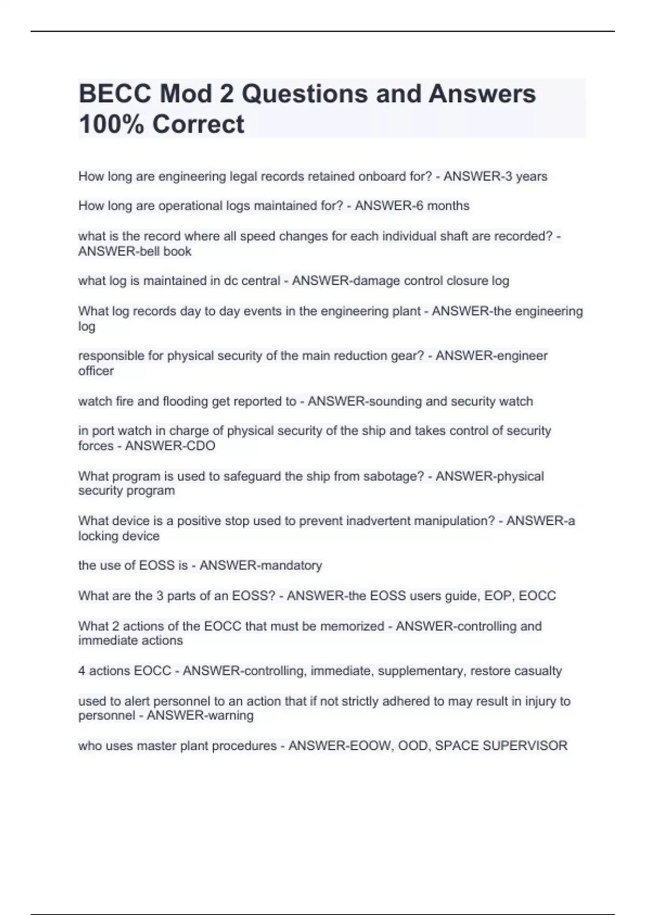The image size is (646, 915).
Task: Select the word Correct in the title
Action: coord(198,124)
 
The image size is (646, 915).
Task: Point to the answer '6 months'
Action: coord(441,206)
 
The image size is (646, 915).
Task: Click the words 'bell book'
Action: coord(163,251)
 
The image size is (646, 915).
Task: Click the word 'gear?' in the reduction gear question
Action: coord(406,356)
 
